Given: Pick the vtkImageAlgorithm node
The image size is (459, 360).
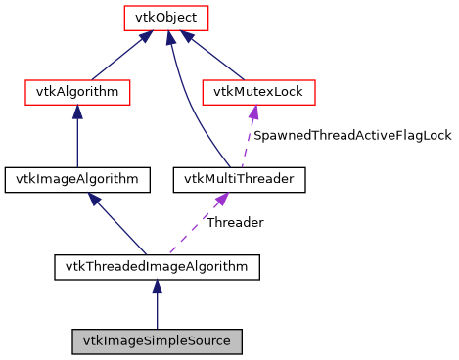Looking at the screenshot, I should tap(77, 179).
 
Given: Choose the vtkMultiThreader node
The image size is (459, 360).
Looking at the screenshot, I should tap(240, 179).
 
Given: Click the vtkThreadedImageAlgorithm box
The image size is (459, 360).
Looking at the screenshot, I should tap(157, 265).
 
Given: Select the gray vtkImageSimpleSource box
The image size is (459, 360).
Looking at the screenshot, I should tap(157, 341).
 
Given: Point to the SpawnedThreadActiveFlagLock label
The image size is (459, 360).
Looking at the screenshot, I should tap(352, 136).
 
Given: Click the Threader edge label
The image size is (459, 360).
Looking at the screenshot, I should tap(234, 222).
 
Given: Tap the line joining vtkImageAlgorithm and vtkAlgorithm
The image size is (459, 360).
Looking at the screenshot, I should tap(77, 137).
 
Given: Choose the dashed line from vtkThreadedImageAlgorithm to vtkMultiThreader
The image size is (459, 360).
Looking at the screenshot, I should tap(191, 229).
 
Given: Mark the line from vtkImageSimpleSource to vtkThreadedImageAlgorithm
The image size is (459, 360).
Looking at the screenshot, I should tap(157, 308).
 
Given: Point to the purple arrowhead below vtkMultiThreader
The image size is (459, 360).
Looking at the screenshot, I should tap(222, 199).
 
